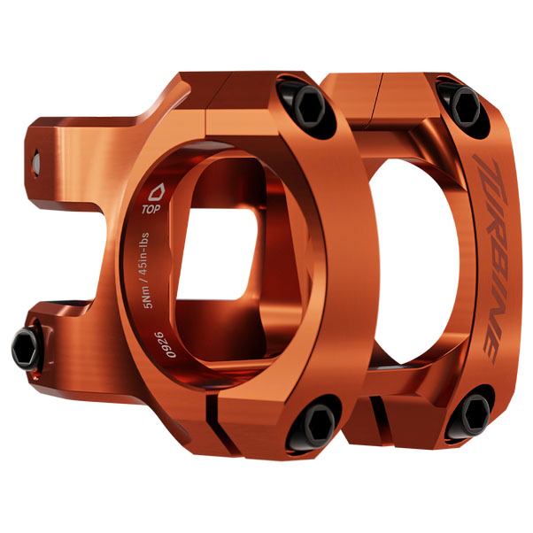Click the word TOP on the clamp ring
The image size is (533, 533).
coord(151,211)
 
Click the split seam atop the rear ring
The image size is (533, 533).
coord(382,88)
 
